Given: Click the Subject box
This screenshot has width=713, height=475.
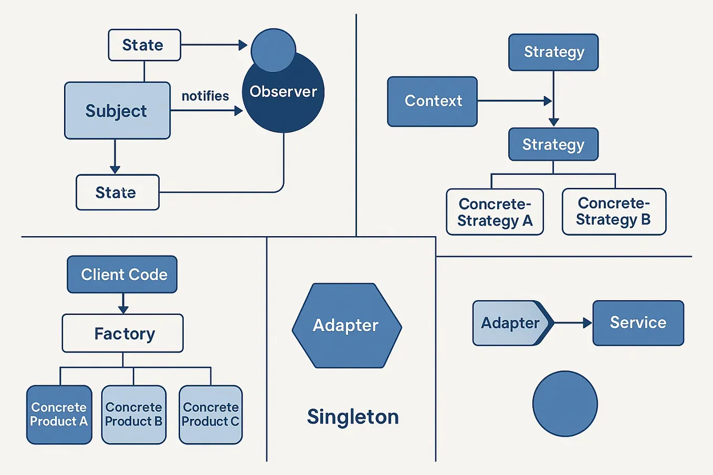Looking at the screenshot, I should click(x=117, y=110).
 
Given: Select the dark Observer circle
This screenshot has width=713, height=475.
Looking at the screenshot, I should click(x=284, y=100).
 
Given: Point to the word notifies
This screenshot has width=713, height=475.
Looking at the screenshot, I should click(x=205, y=96).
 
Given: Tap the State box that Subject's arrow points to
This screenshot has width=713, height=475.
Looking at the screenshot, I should click(x=117, y=193).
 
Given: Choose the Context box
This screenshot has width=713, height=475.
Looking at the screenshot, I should click(x=432, y=101).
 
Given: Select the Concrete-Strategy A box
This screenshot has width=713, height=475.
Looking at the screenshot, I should click(x=495, y=212).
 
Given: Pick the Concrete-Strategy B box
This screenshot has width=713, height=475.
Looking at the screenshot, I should click(x=614, y=212).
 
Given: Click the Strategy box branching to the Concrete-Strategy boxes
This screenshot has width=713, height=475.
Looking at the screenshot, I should click(x=553, y=144).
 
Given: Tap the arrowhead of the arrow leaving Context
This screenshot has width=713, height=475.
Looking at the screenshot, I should click(x=548, y=101).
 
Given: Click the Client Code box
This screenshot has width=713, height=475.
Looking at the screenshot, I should click(x=122, y=275).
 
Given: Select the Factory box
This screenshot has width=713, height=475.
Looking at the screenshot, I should click(x=123, y=333).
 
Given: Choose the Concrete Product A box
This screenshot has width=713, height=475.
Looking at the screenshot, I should click(x=59, y=415).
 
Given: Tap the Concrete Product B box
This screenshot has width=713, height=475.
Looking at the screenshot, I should click(x=134, y=415).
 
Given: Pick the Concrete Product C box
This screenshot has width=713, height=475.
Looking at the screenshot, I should click(x=211, y=415).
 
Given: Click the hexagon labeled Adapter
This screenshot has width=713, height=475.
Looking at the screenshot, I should click(x=347, y=325).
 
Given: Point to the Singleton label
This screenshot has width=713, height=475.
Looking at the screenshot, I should click(x=353, y=417).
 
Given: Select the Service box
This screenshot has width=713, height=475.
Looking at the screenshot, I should click(x=638, y=323).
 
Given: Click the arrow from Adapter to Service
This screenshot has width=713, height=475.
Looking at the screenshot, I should click(x=572, y=323).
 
